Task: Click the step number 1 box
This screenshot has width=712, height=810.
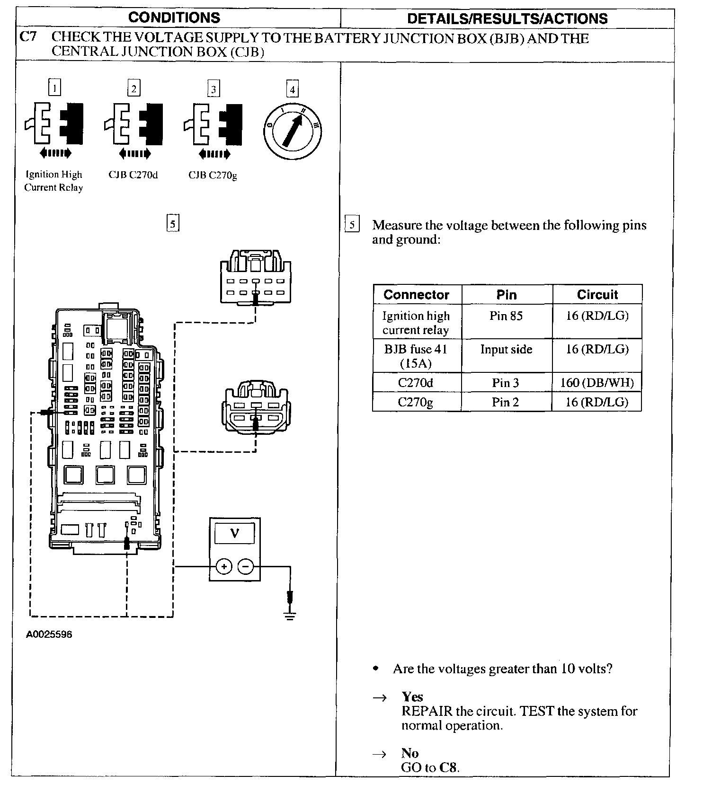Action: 55,88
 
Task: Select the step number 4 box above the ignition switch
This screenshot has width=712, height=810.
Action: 293,89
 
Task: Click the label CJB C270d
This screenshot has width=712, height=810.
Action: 133,175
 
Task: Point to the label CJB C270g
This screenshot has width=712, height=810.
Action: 213,176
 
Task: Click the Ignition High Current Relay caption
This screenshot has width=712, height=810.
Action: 53,181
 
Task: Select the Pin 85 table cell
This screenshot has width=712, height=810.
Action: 506,316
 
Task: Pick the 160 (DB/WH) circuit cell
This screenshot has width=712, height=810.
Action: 597,383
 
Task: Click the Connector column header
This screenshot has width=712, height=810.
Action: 416,295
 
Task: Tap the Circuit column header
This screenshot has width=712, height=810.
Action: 597,295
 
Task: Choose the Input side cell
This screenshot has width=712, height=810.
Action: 506,350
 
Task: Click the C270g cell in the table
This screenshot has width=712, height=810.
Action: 416,402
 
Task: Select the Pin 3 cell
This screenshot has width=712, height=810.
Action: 506,383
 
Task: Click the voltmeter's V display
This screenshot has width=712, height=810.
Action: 234,534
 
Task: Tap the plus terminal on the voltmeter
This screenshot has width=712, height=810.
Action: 224,566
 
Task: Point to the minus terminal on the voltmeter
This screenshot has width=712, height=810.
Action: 245,566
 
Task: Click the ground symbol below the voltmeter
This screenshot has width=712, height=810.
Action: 290,615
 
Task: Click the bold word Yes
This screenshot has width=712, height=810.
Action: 412,697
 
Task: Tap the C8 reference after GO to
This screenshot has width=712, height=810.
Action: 449,767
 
